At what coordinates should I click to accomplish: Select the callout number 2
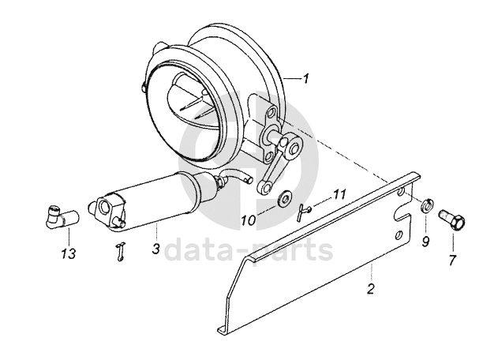coord(369,290)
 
